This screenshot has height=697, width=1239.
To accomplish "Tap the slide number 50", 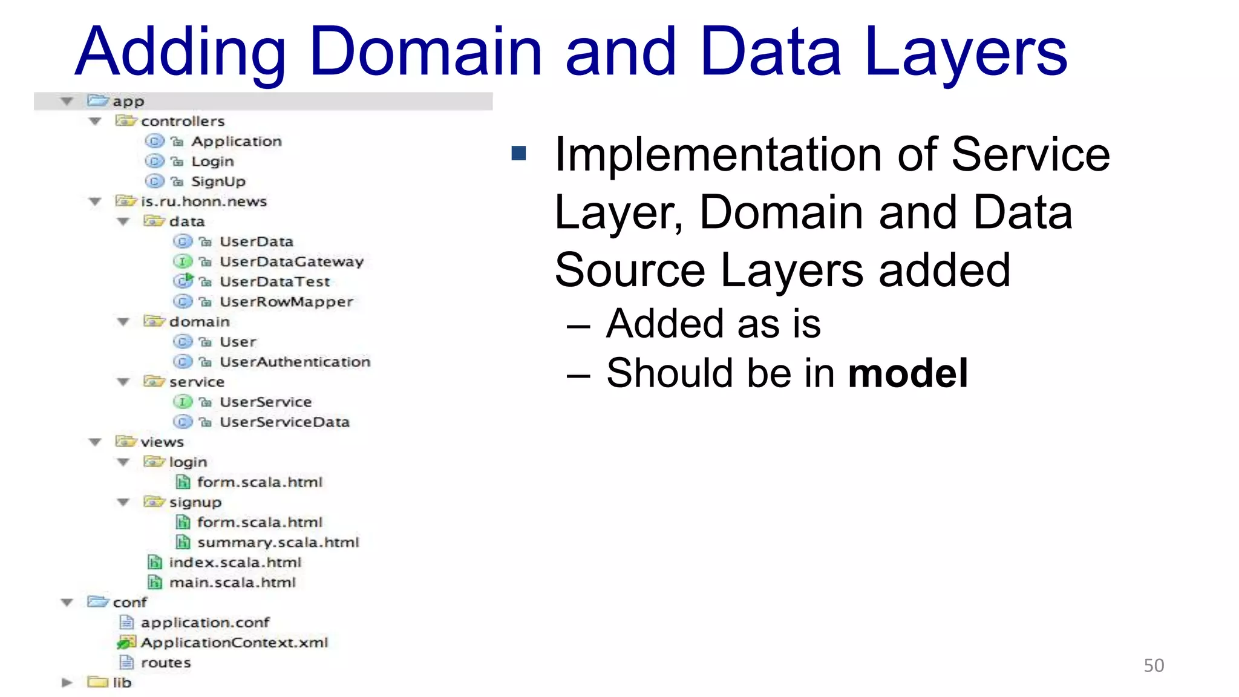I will coord(1153,666).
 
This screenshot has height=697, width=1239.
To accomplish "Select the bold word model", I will coord(907,373).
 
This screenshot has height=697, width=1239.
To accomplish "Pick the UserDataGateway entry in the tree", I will coord(291,261).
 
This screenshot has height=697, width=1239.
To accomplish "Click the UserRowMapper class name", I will coord(286,301).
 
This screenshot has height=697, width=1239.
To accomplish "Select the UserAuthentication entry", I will coord(295,362).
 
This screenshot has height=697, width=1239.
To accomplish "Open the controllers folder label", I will coord(183,121).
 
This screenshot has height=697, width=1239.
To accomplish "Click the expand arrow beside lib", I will coord(67,682).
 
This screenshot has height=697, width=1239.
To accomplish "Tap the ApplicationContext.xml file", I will coord(234,643).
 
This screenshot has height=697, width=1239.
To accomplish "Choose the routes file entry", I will coord(165,663).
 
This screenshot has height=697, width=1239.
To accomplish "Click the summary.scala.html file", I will coord(278,542).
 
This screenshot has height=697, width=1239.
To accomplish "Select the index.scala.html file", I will coord(235,562).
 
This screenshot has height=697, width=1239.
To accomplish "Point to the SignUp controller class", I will coord(218,181).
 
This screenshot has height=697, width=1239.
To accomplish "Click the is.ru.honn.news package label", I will coord(203,201).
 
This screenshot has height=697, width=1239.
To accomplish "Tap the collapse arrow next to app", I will coord(67,101).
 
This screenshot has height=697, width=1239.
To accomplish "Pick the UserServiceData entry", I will coord(284,422).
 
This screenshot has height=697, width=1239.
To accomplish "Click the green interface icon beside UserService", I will coord(182,402).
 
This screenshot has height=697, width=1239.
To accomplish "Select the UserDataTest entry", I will coord(275,281).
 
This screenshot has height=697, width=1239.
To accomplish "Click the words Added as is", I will coord(713,324).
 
